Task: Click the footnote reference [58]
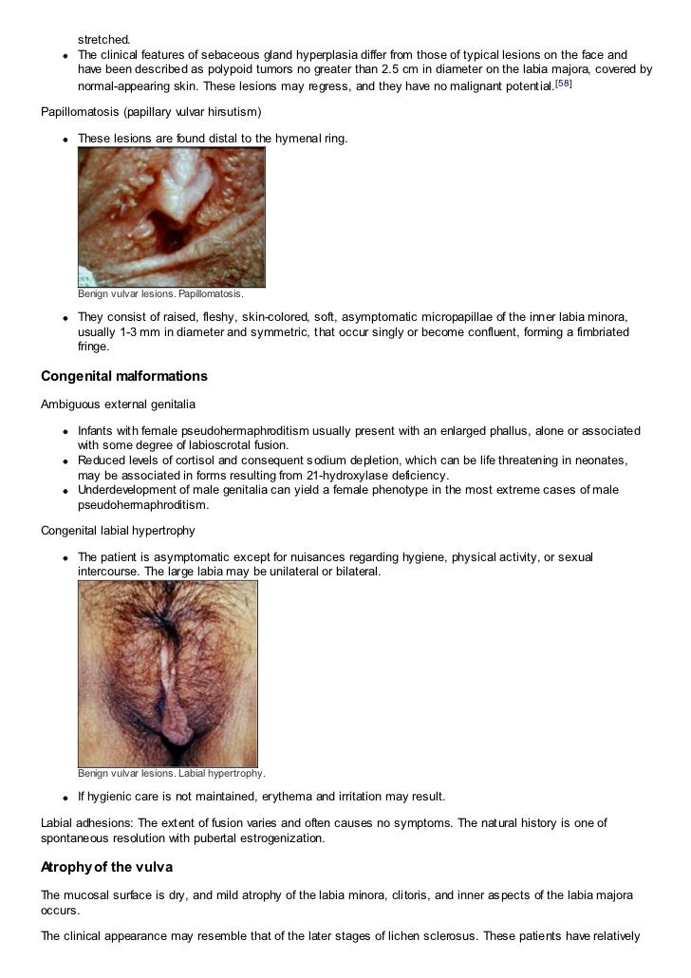pos(564,85)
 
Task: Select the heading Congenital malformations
pos(123,376)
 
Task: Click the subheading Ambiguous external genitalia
pos(118,404)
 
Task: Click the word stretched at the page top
pos(103,40)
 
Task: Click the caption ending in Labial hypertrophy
pos(171,773)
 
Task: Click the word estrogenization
pos(284,838)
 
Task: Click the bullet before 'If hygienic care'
pos(65,797)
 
